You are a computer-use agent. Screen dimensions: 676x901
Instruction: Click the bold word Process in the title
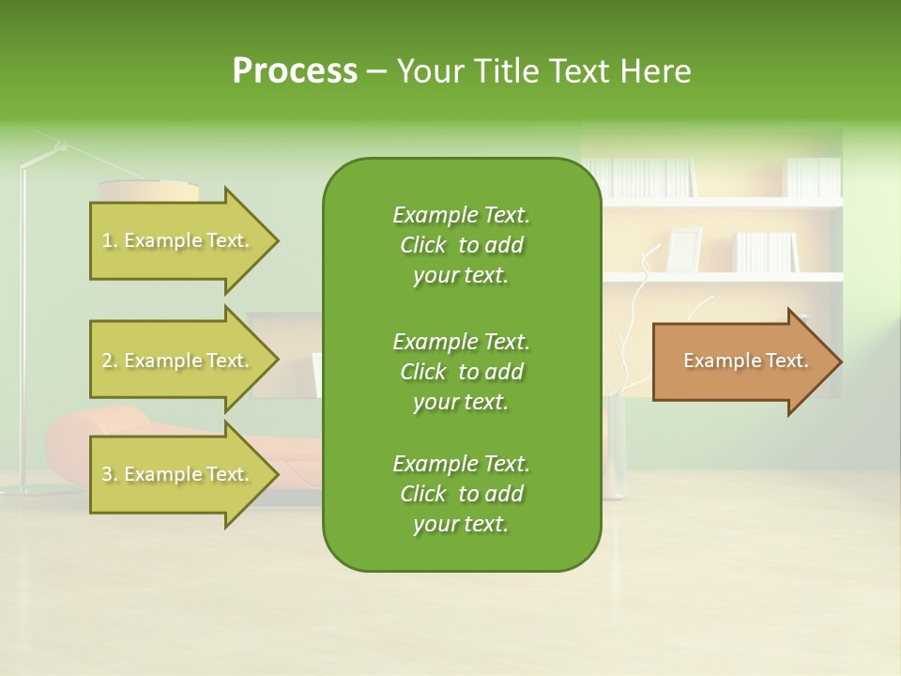(x=295, y=71)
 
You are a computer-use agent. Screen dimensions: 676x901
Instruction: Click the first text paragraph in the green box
(x=461, y=245)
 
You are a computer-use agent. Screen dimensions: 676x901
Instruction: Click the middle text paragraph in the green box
(x=461, y=371)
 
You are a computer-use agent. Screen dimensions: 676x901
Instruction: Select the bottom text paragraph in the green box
(x=461, y=494)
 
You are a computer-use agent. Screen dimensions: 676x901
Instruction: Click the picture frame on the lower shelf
(x=684, y=249)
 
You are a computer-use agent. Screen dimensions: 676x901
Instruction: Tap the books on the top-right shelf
(x=813, y=177)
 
